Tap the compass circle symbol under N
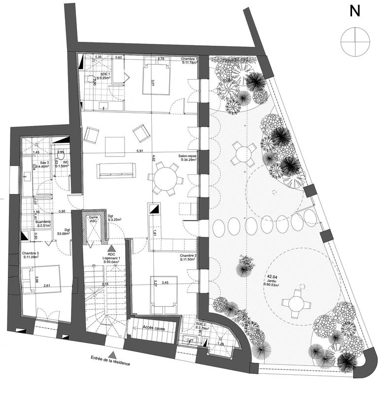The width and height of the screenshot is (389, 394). point(354,41)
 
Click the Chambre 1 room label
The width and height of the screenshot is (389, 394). point(189,61)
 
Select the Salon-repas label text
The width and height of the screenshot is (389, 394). point(187,157)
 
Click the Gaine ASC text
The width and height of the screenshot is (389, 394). point(93,219)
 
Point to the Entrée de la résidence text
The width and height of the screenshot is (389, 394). point(110,362)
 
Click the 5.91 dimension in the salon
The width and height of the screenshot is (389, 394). point(140,151)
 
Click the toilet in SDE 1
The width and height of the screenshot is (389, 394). point(91,79)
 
